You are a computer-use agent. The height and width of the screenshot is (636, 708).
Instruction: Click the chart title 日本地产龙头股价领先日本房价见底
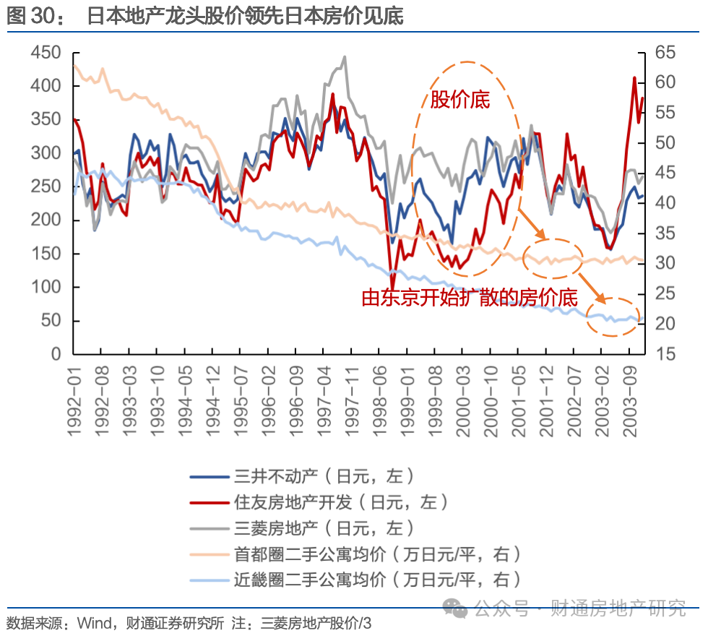tap(245, 17)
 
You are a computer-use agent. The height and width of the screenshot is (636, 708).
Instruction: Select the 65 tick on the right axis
tap(665, 53)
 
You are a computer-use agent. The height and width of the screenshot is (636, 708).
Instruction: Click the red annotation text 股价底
tap(460, 100)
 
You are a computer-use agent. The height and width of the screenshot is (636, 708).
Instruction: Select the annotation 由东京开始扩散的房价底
tap(470, 298)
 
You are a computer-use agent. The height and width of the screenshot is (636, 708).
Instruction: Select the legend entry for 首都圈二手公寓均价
tap(376, 554)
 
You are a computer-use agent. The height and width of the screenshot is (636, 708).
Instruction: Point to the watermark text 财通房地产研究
tap(618, 608)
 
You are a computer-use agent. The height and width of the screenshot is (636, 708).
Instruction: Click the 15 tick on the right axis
tap(665, 354)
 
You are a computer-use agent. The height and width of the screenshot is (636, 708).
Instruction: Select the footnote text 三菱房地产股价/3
tap(316, 623)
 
